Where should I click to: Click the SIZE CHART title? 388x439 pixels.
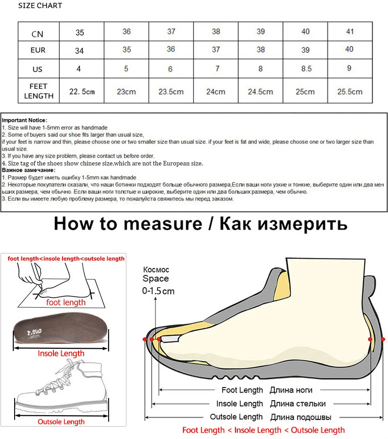[40, 6]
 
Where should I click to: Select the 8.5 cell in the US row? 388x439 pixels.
[306, 69]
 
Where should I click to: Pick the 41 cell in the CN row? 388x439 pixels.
[349, 31]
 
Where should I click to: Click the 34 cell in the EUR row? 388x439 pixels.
[79, 51]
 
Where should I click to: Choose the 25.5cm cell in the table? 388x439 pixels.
[350, 92]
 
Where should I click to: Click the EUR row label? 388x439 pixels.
[38, 50]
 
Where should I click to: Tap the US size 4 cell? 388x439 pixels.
[79, 69]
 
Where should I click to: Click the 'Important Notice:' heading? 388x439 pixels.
[24, 120]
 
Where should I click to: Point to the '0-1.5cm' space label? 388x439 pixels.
[158, 291]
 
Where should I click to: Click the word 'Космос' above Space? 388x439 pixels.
[156, 270]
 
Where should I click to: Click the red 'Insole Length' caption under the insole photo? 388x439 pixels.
[61, 353]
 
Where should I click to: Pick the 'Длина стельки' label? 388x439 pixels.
[298, 403]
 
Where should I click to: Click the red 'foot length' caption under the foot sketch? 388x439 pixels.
[66, 302]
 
